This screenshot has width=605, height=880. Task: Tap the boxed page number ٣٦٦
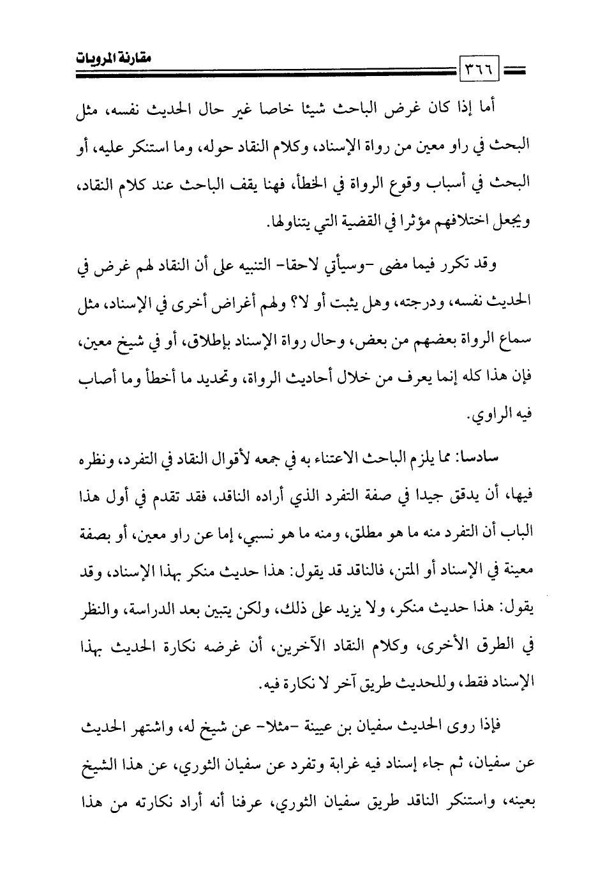(473, 65)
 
